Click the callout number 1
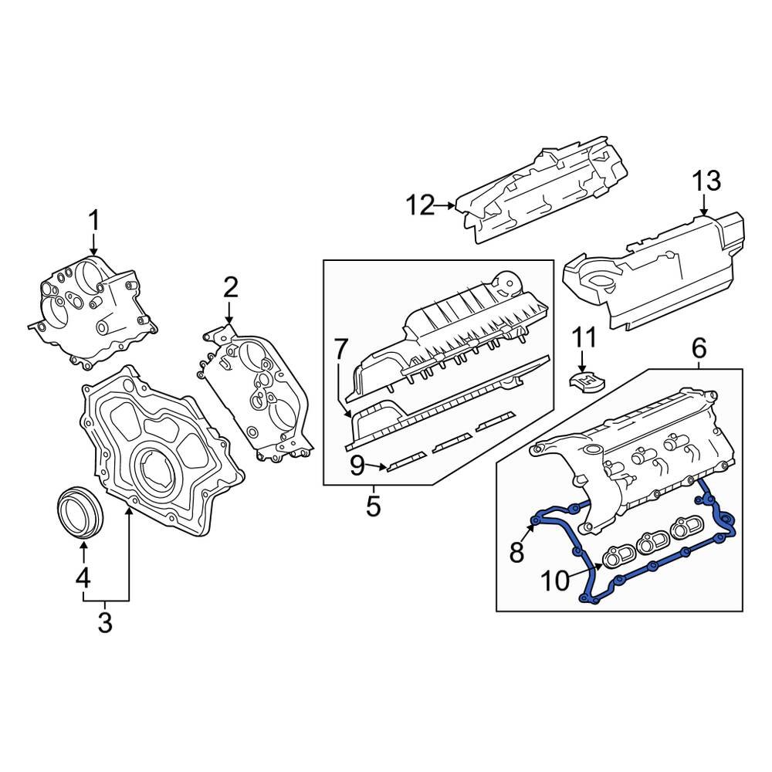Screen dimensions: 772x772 (x=93, y=222)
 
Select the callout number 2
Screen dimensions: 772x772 (x=230, y=288)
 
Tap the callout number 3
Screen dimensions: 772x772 (x=105, y=621)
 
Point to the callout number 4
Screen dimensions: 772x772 (x=83, y=577)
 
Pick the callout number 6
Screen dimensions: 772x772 (x=698, y=349)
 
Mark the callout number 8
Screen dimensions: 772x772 (x=516, y=551)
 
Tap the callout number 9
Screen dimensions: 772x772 (x=357, y=466)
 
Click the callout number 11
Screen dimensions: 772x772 (x=584, y=337)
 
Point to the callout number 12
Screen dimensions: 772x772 (x=422, y=205)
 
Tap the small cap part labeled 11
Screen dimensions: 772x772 (x=587, y=380)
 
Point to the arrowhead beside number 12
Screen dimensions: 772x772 (x=452, y=205)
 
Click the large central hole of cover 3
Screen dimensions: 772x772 (x=158, y=470)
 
